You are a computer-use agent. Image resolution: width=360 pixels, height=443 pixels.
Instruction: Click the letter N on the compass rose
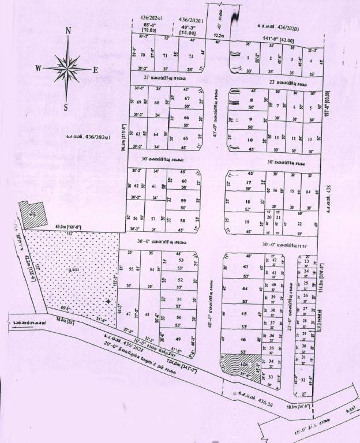[x=68, y=31]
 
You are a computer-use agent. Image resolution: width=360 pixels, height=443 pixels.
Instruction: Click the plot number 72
[x=191, y=56]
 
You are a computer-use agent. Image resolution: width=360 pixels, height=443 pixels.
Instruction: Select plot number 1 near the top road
[x=249, y=58]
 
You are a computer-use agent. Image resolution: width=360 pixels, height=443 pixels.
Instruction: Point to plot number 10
[x=250, y=140]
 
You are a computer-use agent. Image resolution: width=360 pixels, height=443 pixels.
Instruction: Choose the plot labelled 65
[x=185, y=138]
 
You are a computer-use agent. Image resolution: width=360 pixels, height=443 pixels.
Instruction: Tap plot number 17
[x=248, y=182]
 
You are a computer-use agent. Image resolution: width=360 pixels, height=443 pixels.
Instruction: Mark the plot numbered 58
[x=183, y=221]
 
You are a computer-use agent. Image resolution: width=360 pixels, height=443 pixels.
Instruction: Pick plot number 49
[x=178, y=339]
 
